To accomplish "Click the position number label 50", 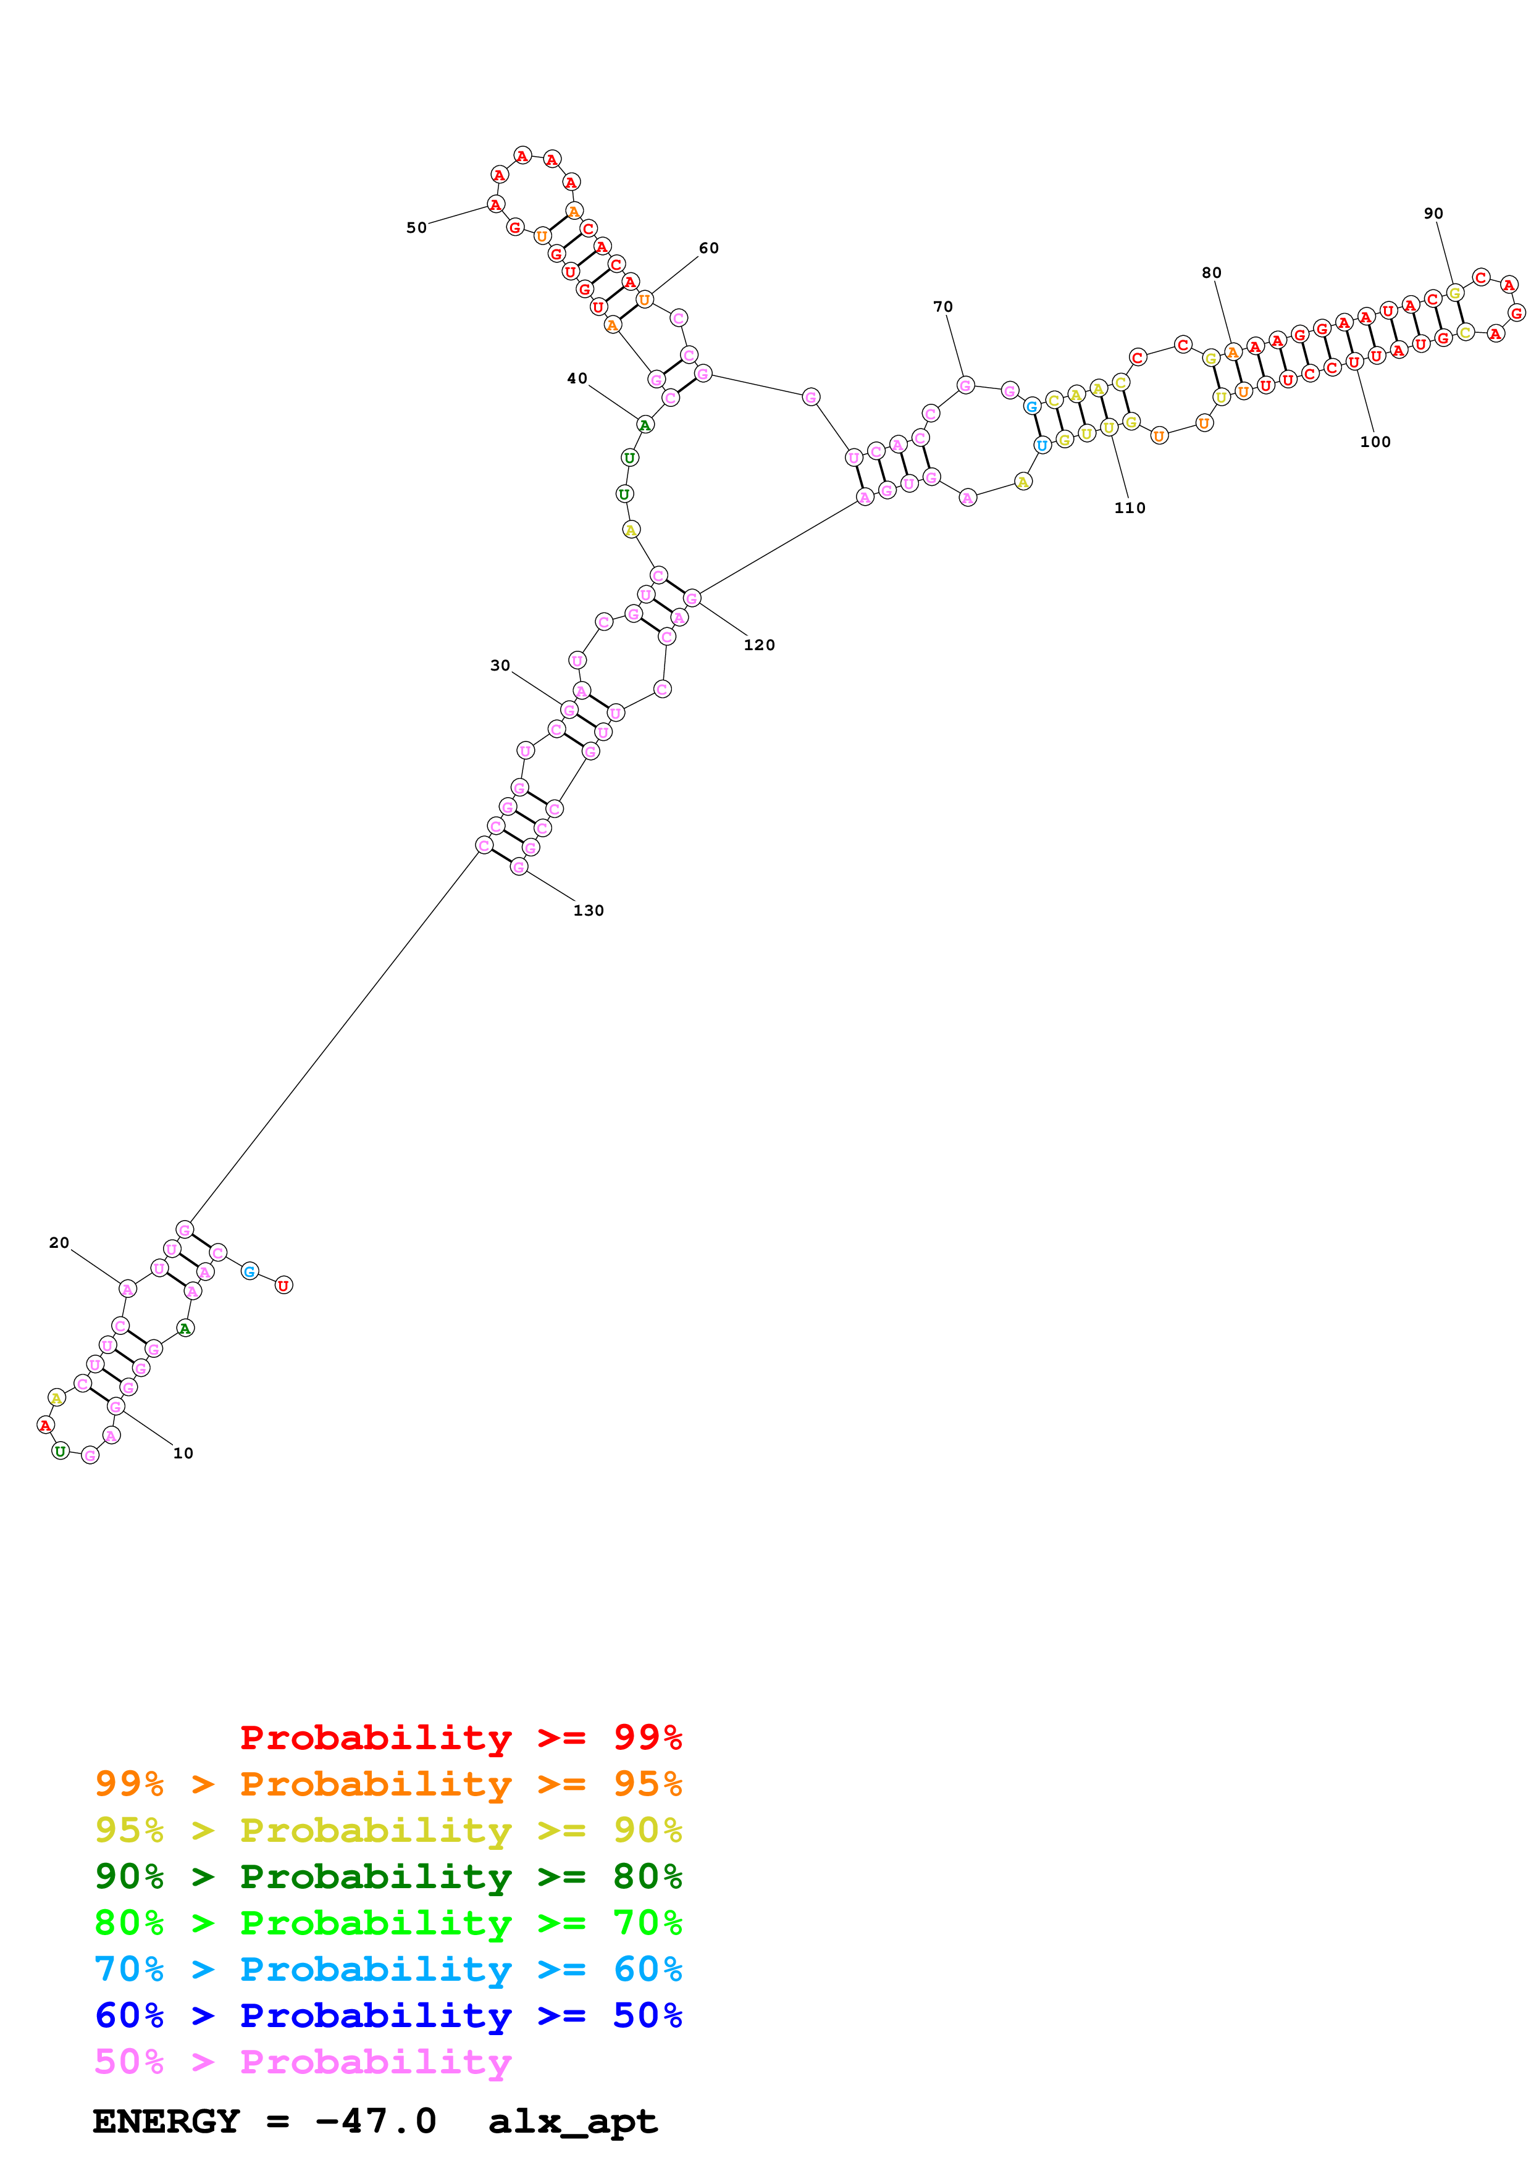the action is (416, 227).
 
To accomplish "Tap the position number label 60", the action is (708, 248).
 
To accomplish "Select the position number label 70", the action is (942, 307).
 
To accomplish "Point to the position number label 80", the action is (1211, 273).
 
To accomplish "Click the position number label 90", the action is (1433, 213).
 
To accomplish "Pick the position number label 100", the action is (1374, 441).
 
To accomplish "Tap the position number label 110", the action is (1129, 508).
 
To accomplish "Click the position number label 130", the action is (588, 910).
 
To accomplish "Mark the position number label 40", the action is (576, 378).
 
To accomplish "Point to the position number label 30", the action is (500, 665).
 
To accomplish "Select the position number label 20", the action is (59, 1242).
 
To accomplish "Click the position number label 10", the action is (183, 1453).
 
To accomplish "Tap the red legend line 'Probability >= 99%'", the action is (460, 1737).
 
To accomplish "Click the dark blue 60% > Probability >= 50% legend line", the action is (388, 2015).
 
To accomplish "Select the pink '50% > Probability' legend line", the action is (303, 2061).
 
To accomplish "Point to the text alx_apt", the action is (573, 2121).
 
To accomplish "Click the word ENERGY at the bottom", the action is (166, 2121).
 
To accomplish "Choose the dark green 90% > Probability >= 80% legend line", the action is (388, 1876).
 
